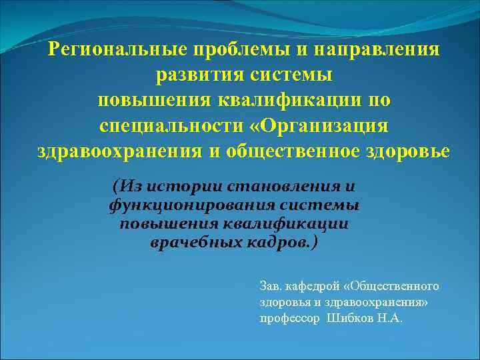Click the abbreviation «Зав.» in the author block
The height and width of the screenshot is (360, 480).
tap(271, 287)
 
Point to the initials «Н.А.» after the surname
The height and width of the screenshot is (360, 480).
tap(390, 319)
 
